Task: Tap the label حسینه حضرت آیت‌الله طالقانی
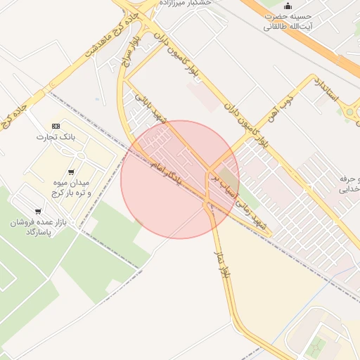(288, 21)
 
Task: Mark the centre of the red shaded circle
(180, 179)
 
